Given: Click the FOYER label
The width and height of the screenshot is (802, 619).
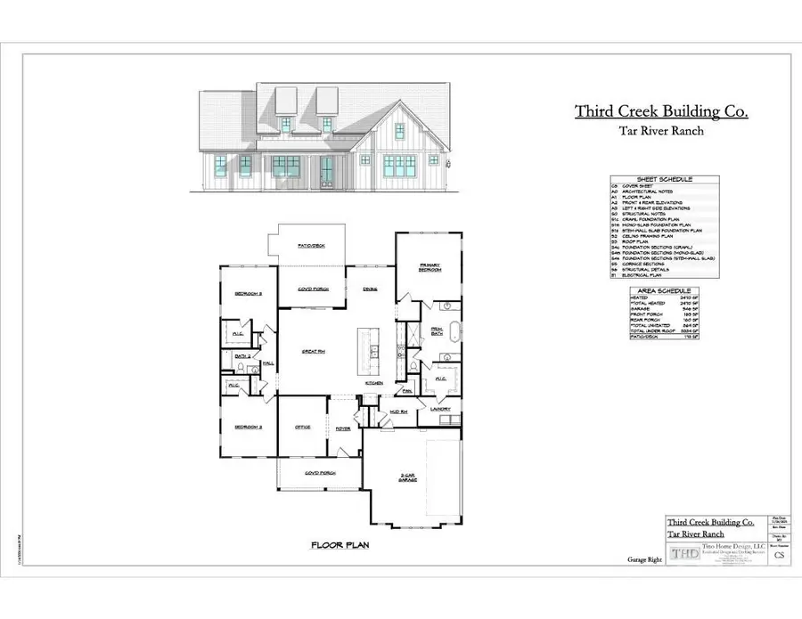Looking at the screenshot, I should pyautogui.click(x=342, y=428).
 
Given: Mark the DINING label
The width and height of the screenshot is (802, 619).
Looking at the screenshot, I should pyautogui.click(x=370, y=289).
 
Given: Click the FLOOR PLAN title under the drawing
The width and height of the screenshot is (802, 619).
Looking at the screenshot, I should pyautogui.click(x=340, y=544).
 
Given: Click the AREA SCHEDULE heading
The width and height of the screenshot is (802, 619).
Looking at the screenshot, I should pyautogui.click(x=661, y=291).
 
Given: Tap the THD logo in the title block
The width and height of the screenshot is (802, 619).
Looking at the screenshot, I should pyautogui.click(x=685, y=553).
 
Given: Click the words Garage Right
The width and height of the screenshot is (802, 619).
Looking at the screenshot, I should pyautogui.click(x=638, y=560).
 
